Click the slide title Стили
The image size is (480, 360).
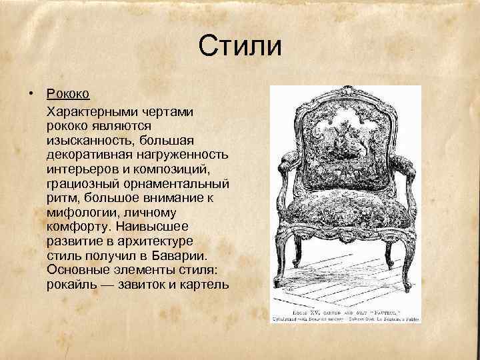[240, 47]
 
